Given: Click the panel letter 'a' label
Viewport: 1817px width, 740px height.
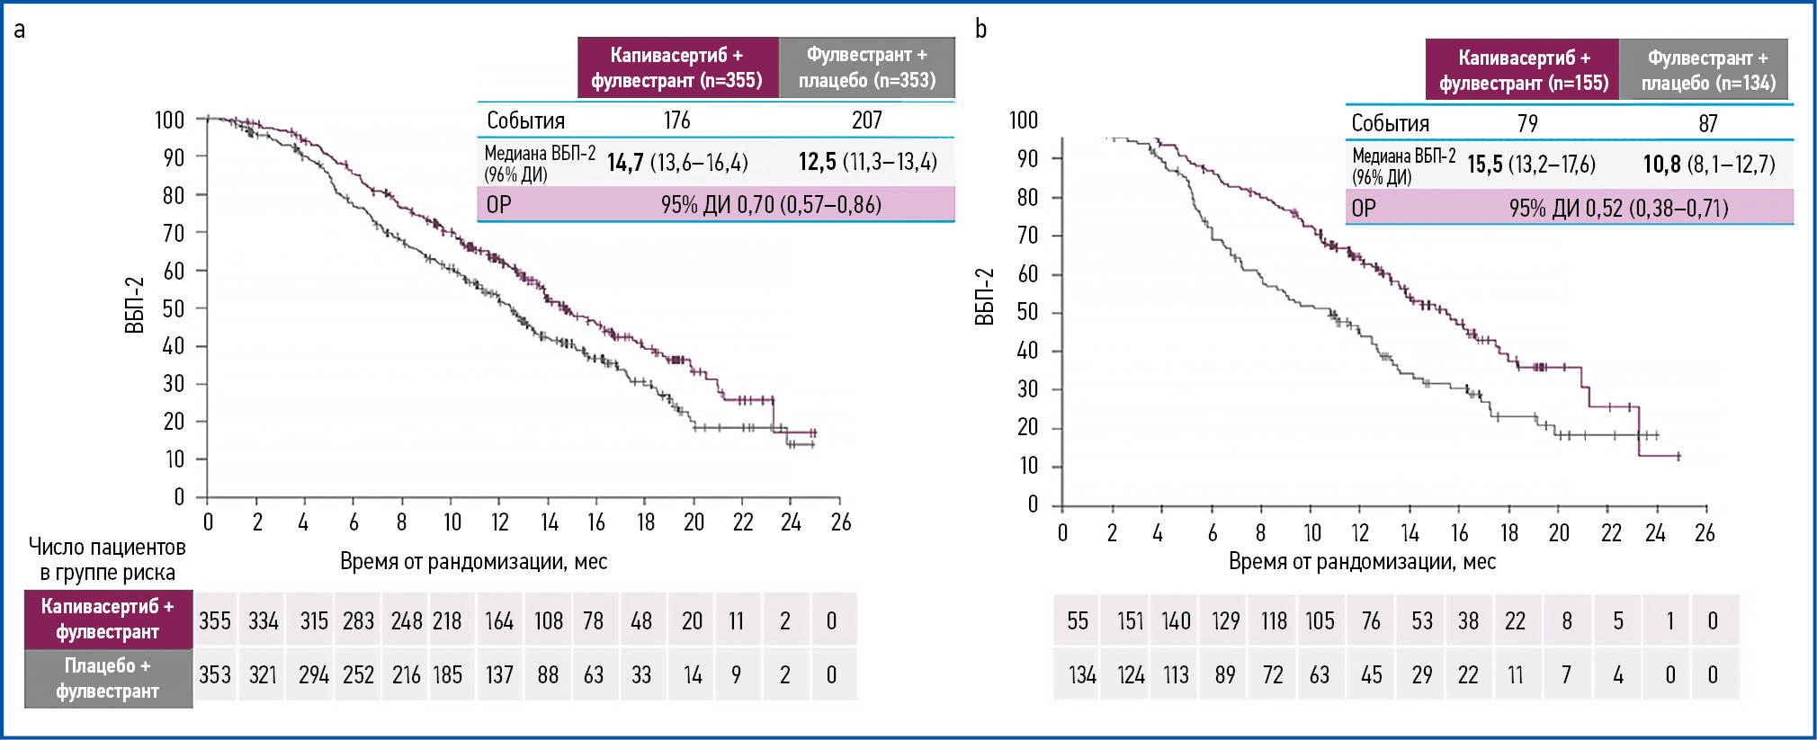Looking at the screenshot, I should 19,31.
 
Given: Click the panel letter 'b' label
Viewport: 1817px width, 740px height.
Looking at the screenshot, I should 980,30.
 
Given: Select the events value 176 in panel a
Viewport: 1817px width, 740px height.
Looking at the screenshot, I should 676,120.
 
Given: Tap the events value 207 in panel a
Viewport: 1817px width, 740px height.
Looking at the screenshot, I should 866,120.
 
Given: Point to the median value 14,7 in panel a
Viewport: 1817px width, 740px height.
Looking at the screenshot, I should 625,163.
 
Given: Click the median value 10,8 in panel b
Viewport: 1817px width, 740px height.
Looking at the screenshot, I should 1661,165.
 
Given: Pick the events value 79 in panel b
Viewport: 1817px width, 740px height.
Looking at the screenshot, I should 1527,123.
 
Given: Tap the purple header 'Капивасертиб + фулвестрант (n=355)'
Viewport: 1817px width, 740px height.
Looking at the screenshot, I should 677,67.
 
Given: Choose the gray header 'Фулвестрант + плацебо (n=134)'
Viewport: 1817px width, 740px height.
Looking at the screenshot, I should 1707,70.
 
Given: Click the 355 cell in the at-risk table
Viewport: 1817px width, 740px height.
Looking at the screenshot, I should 215,621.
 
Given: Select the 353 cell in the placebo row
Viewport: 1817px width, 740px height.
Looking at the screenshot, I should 215,675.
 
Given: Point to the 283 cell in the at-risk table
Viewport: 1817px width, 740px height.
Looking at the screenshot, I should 358,621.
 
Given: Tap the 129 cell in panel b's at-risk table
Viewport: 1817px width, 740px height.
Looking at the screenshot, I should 1225,621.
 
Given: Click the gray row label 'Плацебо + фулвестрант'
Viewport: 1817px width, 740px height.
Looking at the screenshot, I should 108,678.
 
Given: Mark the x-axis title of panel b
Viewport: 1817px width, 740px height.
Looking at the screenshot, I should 1362,562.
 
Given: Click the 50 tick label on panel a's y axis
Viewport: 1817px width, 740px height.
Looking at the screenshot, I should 174,309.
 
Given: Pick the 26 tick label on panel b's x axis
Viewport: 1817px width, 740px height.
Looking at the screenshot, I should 1705,533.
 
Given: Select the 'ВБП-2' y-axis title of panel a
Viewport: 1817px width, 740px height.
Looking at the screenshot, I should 134,305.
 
